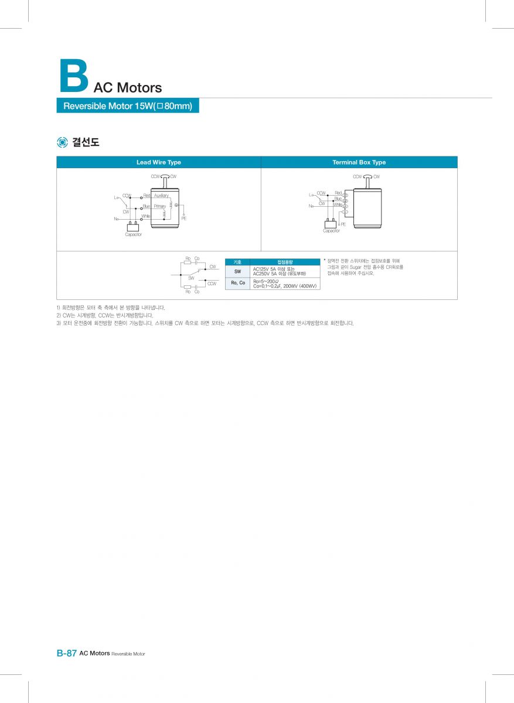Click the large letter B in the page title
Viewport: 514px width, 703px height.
click(74, 75)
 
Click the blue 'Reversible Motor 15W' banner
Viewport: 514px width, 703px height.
click(128, 106)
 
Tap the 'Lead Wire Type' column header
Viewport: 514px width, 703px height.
click(158, 162)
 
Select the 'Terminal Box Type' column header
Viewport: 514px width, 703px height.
click(359, 162)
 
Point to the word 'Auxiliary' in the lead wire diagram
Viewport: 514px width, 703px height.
click(161, 195)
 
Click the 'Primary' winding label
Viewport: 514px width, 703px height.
click(159, 206)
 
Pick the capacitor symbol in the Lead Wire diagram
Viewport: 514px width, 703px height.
click(133, 226)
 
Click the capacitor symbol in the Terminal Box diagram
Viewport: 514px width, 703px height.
click(331, 224)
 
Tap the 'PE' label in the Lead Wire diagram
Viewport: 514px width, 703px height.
click(183, 219)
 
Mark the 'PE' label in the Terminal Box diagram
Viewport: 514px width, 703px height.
click(343, 224)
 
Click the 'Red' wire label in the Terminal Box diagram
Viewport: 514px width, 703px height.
click(338, 193)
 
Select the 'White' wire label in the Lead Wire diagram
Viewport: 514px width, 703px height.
click(145, 216)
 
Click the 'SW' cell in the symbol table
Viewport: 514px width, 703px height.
click(237, 272)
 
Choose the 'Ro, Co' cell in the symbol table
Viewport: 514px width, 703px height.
click(237, 283)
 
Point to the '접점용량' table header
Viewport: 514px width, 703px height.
click(285, 262)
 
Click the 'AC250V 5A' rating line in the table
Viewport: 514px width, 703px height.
click(279, 274)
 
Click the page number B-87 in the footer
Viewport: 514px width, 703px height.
click(66, 653)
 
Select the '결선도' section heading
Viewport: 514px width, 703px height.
click(86, 142)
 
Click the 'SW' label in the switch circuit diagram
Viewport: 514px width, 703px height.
click(191, 278)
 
